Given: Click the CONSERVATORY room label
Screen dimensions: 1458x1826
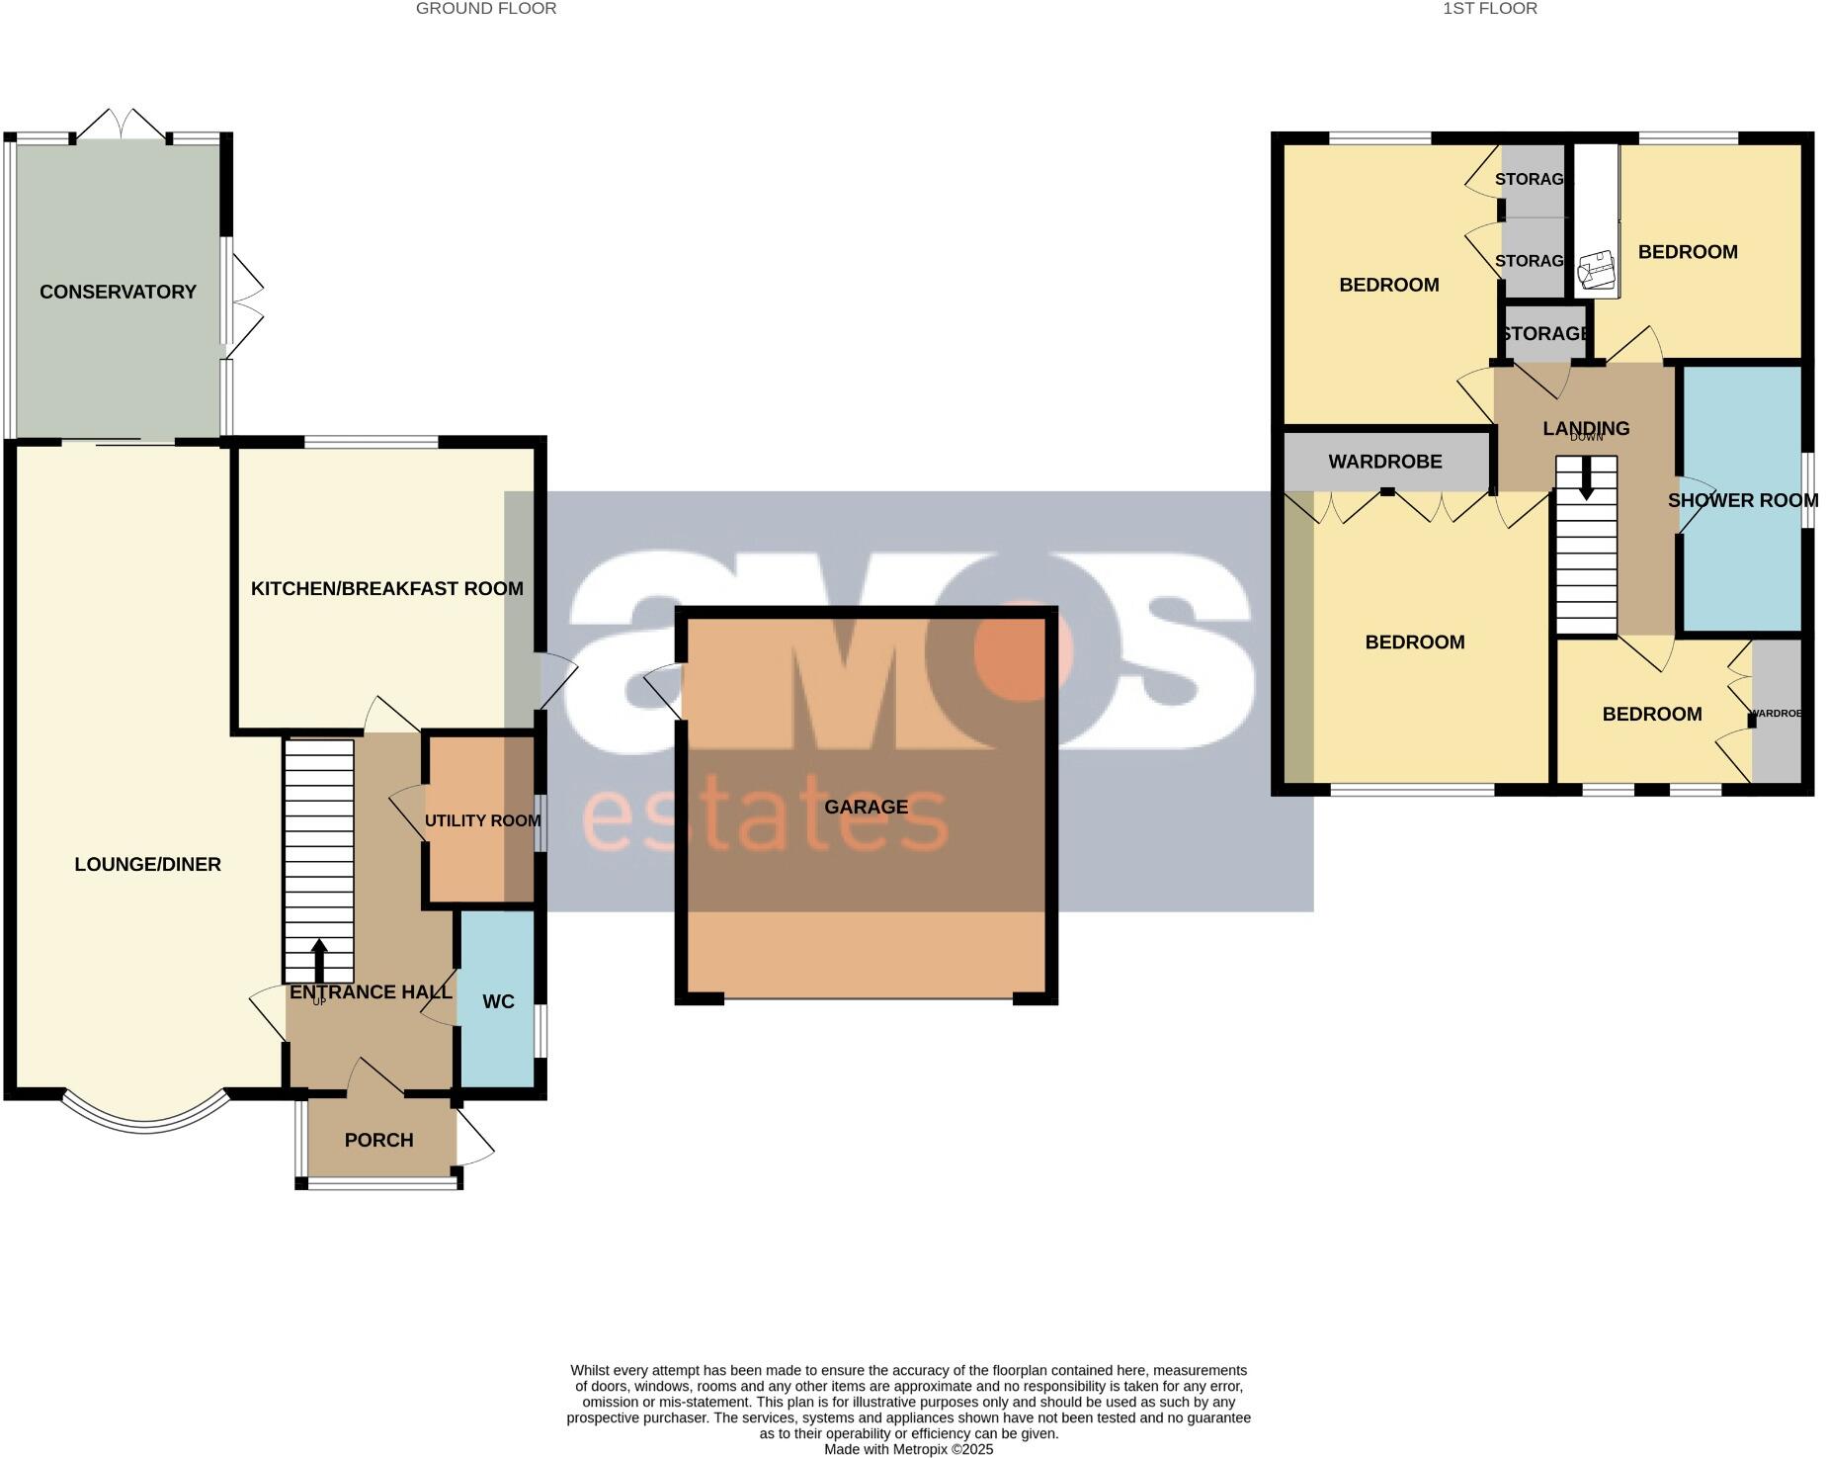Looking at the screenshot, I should tap(118, 292).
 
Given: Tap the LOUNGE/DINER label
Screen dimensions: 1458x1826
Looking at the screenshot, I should tap(147, 865).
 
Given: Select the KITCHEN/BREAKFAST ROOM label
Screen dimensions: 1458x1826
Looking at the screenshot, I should tap(386, 589).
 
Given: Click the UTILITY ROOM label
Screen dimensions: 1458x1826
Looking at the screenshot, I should tap(482, 821).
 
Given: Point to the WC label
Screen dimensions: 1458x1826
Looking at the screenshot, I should tap(498, 1002).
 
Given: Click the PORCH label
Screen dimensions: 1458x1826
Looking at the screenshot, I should tap(378, 1141).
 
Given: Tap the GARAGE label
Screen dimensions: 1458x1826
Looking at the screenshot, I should tap(866, 808).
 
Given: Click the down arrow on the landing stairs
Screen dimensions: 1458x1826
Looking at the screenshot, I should tap(1586, 480).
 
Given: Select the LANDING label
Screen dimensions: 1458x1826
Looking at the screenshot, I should tap(1586, 428).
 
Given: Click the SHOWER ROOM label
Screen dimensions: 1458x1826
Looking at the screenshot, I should tap(1742, 501).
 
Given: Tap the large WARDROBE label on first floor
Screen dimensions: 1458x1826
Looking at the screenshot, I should tap(1384, 462).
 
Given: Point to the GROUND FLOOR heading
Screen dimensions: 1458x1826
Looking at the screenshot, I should tap(485, 9).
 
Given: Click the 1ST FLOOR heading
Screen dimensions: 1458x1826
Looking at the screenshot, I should tap(1490, 9).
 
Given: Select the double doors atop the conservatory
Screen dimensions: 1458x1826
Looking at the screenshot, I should tap(122, 125).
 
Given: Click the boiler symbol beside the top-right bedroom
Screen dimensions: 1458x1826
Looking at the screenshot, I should tap(1595, 268).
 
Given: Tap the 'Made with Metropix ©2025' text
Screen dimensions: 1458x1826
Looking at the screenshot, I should tap(908, 1450).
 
